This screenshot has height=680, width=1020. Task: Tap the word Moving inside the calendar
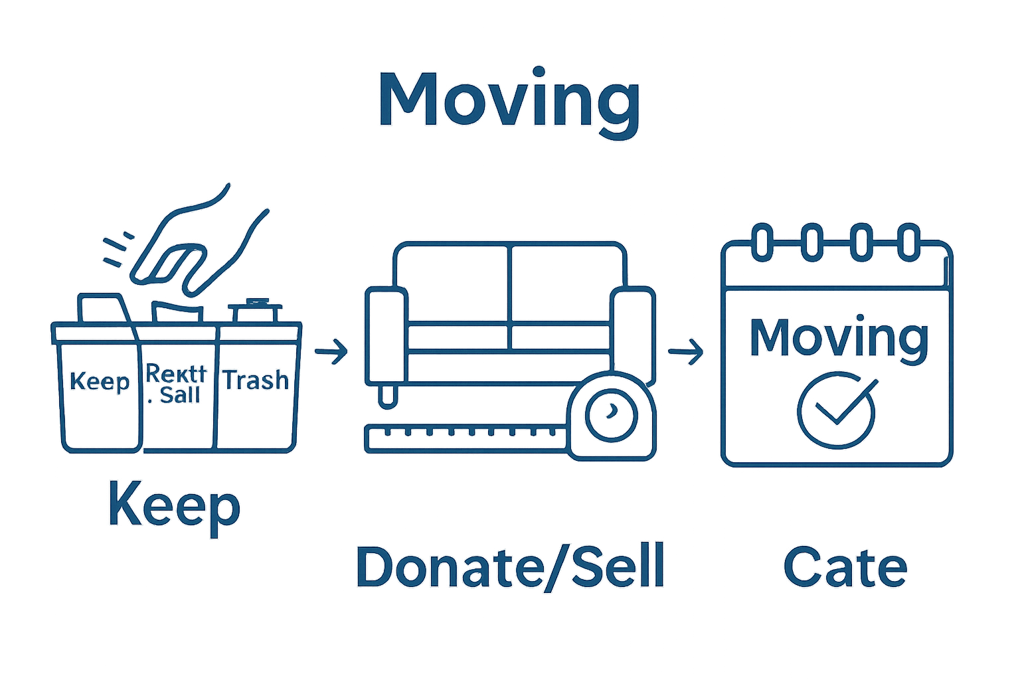click(838, 339)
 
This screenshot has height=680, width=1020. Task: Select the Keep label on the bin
click(100, 382)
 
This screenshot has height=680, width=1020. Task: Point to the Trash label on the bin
click(256, 381)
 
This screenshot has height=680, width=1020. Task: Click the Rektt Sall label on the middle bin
click(177, 384)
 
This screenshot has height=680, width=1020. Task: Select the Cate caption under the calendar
click(845, 568)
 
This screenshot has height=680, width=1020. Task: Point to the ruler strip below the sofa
click(465, 438)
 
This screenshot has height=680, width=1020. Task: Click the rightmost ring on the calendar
click(908, 242)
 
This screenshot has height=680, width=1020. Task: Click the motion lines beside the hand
click(118, 249)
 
